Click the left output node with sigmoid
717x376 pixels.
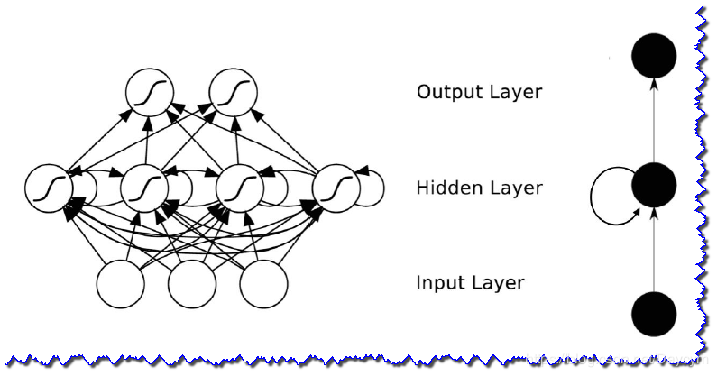[148, 92]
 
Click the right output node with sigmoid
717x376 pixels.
[234, 92]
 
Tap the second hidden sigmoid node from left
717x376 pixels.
[144, 188]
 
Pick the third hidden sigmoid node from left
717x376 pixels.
[240, 188]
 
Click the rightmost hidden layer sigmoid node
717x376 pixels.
[335, 188]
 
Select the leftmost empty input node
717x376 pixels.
[121, 285]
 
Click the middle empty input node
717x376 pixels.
[192, 285]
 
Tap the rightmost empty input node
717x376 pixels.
[263, 285]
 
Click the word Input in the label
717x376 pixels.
[439, 283]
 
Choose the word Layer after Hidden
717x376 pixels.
[511, 189]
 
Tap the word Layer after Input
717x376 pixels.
[495, 284]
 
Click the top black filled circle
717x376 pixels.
[653, 56]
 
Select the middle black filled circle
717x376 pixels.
[653, 186]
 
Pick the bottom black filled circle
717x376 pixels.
[653, 316]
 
